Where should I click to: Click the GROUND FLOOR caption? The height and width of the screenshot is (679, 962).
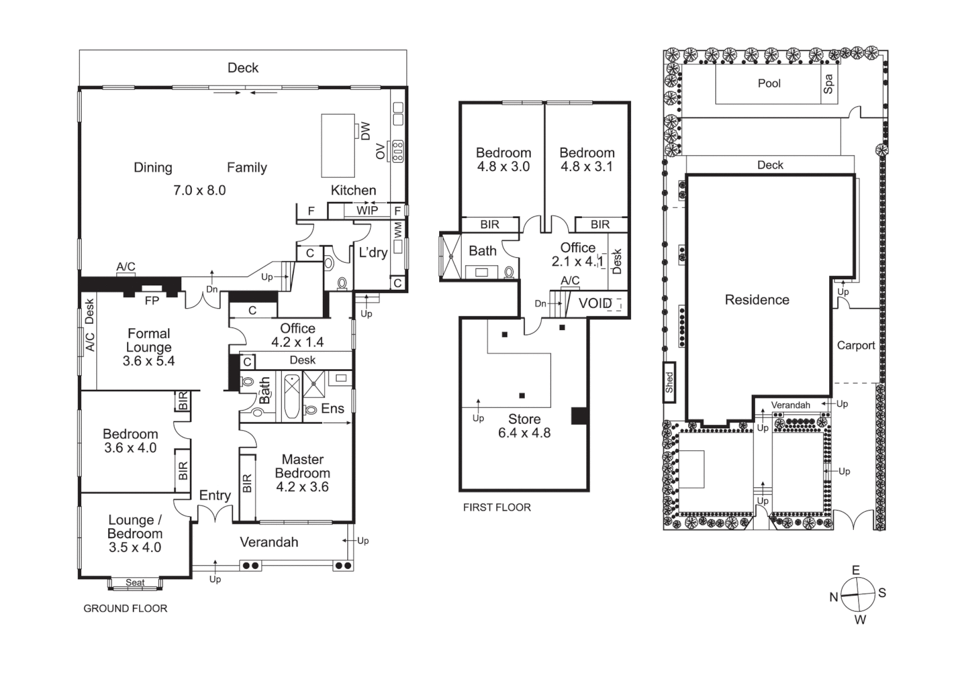125,609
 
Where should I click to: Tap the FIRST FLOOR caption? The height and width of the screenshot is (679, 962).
496,507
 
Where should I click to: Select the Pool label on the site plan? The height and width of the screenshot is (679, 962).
769,83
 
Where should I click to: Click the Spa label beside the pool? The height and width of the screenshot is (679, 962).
829,84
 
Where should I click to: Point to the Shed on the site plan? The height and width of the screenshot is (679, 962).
669,382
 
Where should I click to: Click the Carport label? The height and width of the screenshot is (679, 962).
856,345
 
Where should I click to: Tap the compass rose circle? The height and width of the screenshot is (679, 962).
857,594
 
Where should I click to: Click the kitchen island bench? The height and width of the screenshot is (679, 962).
338,146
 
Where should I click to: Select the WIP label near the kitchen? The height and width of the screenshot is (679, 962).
367,211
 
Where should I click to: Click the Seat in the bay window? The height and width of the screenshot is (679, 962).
135,583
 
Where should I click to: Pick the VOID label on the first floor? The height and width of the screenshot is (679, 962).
595,304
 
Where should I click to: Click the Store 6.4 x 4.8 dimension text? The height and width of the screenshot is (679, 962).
524,433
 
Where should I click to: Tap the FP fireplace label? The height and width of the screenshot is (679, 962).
152,301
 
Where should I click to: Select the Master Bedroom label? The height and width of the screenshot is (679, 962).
303,466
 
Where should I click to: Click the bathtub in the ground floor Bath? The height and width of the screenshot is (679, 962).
291,396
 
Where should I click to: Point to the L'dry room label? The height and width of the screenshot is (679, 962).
372,253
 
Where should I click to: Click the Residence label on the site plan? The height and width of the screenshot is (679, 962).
757,300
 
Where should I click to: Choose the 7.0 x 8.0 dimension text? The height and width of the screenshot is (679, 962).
199,190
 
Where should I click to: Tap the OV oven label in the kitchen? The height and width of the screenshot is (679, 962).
381,152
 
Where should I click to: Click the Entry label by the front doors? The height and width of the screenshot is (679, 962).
215,495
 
